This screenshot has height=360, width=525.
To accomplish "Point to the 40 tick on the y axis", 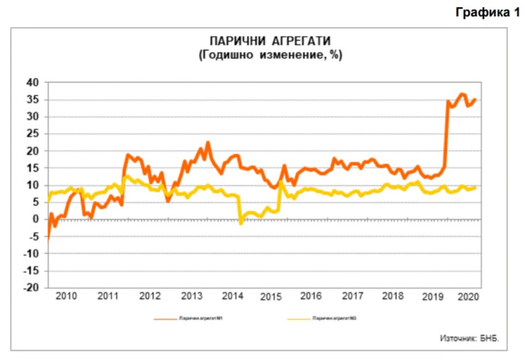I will point(33,82).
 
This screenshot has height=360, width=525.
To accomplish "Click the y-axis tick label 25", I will point(33,133).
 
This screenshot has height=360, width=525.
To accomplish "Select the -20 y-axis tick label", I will point(31,288).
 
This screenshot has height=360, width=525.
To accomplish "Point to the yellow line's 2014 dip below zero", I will point(241,222).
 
